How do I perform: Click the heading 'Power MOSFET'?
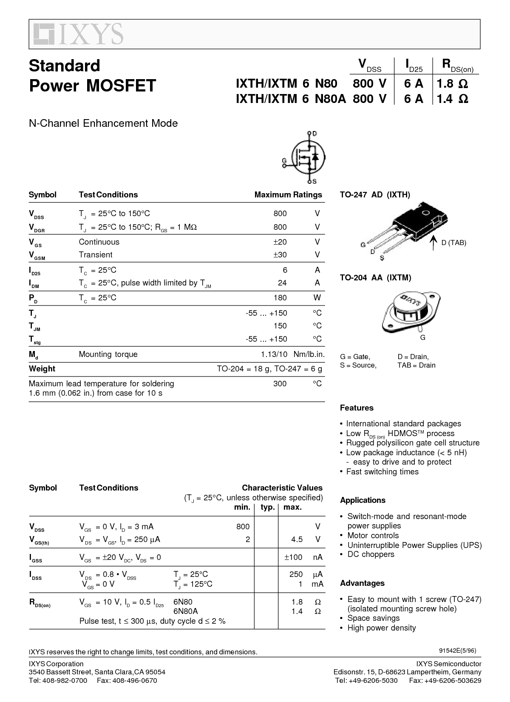pyautogui.click(x=93, y=86)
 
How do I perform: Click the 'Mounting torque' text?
pyautogui.click(x=108, y=354)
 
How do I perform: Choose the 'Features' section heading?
pyautogui.click(x=357, y=408)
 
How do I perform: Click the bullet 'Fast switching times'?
pyautogui.click(x=382, y=472)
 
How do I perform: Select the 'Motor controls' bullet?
pyautogui.click(x=373, y=536)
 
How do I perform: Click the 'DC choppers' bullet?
pyautogui.click(x=371, y=554)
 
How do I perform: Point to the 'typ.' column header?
pyautogui.click(x=268, y=507)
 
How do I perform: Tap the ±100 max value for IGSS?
pyautogui.click(x=293, y=557)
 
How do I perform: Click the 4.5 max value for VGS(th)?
pyautogui.click(x=297, y=539)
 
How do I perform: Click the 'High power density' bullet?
pyautogui.click(x=381, y=628)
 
